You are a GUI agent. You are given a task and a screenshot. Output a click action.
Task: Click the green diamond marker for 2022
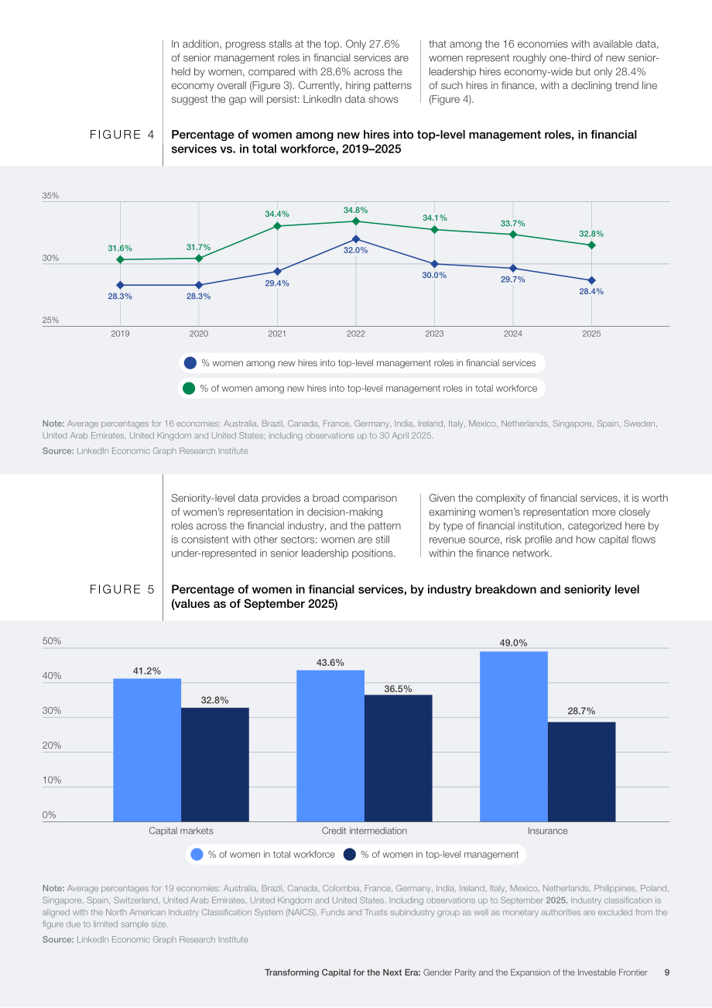click(x=356, y=221)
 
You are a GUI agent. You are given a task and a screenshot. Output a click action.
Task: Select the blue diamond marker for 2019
click(x=120, y=286)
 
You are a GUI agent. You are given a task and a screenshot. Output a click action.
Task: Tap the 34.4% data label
click(x=276, y=214)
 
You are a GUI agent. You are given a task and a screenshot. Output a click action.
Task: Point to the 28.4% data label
click(x=591, y=292)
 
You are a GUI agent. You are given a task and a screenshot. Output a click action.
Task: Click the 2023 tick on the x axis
click(x=434, y=334)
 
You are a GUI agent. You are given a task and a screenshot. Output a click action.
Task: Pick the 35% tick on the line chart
click(x=50, y=196)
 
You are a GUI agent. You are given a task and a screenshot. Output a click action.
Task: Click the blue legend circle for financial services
click(x=190, y=363)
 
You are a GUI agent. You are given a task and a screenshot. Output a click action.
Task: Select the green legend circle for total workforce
click(x=189, y=389)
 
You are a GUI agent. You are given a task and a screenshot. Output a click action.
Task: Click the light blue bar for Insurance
click(x=514, y=736)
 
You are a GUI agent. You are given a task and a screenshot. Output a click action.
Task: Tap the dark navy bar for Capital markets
click(x=215, y=765)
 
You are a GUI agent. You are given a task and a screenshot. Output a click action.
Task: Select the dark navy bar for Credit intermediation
click(x=398, y=758)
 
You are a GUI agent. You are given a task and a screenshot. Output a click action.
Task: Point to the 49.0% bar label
click(x=513, y=643)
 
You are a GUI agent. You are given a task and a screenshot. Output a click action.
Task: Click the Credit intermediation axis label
click(x=365, y=831)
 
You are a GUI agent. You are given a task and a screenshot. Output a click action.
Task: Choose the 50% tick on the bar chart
click(x=52, y=641)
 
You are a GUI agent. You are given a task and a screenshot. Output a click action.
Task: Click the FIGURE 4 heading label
click(x=122, y=135)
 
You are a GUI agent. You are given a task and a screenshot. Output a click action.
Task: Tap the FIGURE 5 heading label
click(x=122, y=589)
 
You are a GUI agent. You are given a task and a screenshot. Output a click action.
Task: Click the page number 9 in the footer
click(x=667, y=972)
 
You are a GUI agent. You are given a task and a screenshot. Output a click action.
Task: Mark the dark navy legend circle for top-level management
click(x=350, y=854)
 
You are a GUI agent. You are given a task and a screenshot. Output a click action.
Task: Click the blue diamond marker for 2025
click(x=591, y=280)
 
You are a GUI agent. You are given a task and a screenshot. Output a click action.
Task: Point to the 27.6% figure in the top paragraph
click(x=384, y=44)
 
